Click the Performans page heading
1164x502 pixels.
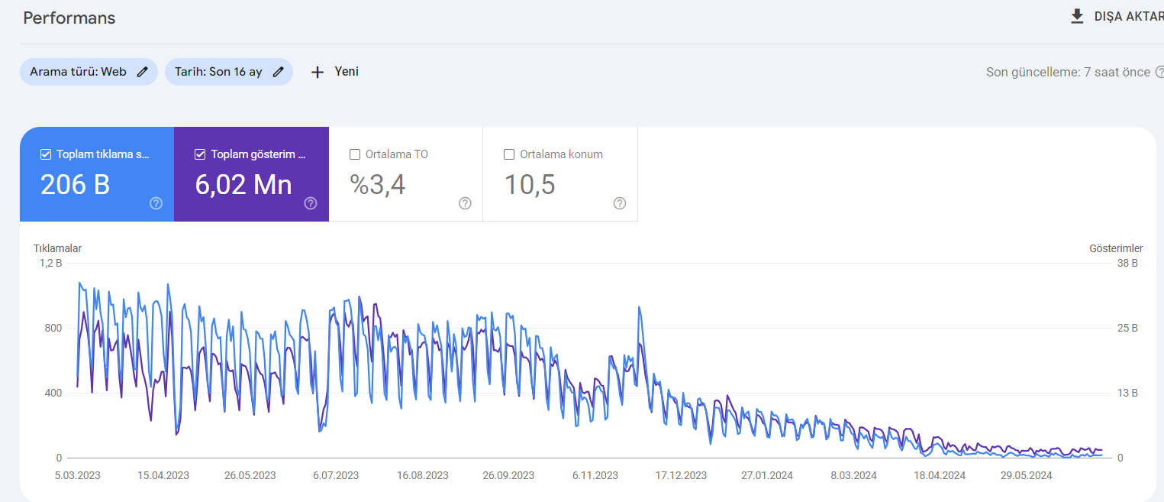click(69, 18)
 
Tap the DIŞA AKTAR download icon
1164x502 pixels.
click(1077, 17)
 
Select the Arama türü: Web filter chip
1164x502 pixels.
click(89, 72)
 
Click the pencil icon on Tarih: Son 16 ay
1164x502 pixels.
click(279, 72)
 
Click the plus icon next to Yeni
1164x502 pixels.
click(317, 72)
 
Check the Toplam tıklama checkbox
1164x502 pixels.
click(46, 154)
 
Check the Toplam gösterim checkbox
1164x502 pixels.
click(200, 154)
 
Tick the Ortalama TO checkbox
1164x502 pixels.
click(355, 154)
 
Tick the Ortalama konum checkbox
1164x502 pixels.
click(509, 154)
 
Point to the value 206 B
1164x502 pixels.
click(76, 185)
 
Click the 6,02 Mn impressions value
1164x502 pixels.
click(243, 185)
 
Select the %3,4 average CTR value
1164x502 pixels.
click(377, 185)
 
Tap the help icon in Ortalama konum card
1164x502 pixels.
click(620, 203)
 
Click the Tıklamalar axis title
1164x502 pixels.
click(57, 248)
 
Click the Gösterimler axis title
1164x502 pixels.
click(1116, 248)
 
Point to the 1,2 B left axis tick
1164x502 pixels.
click(50, 263)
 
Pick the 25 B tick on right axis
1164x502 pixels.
click(1127, 329)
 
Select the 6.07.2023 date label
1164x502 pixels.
click(336, 475)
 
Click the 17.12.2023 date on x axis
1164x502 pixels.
click(681, 475)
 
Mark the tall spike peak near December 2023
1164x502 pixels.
click(639, 307)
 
